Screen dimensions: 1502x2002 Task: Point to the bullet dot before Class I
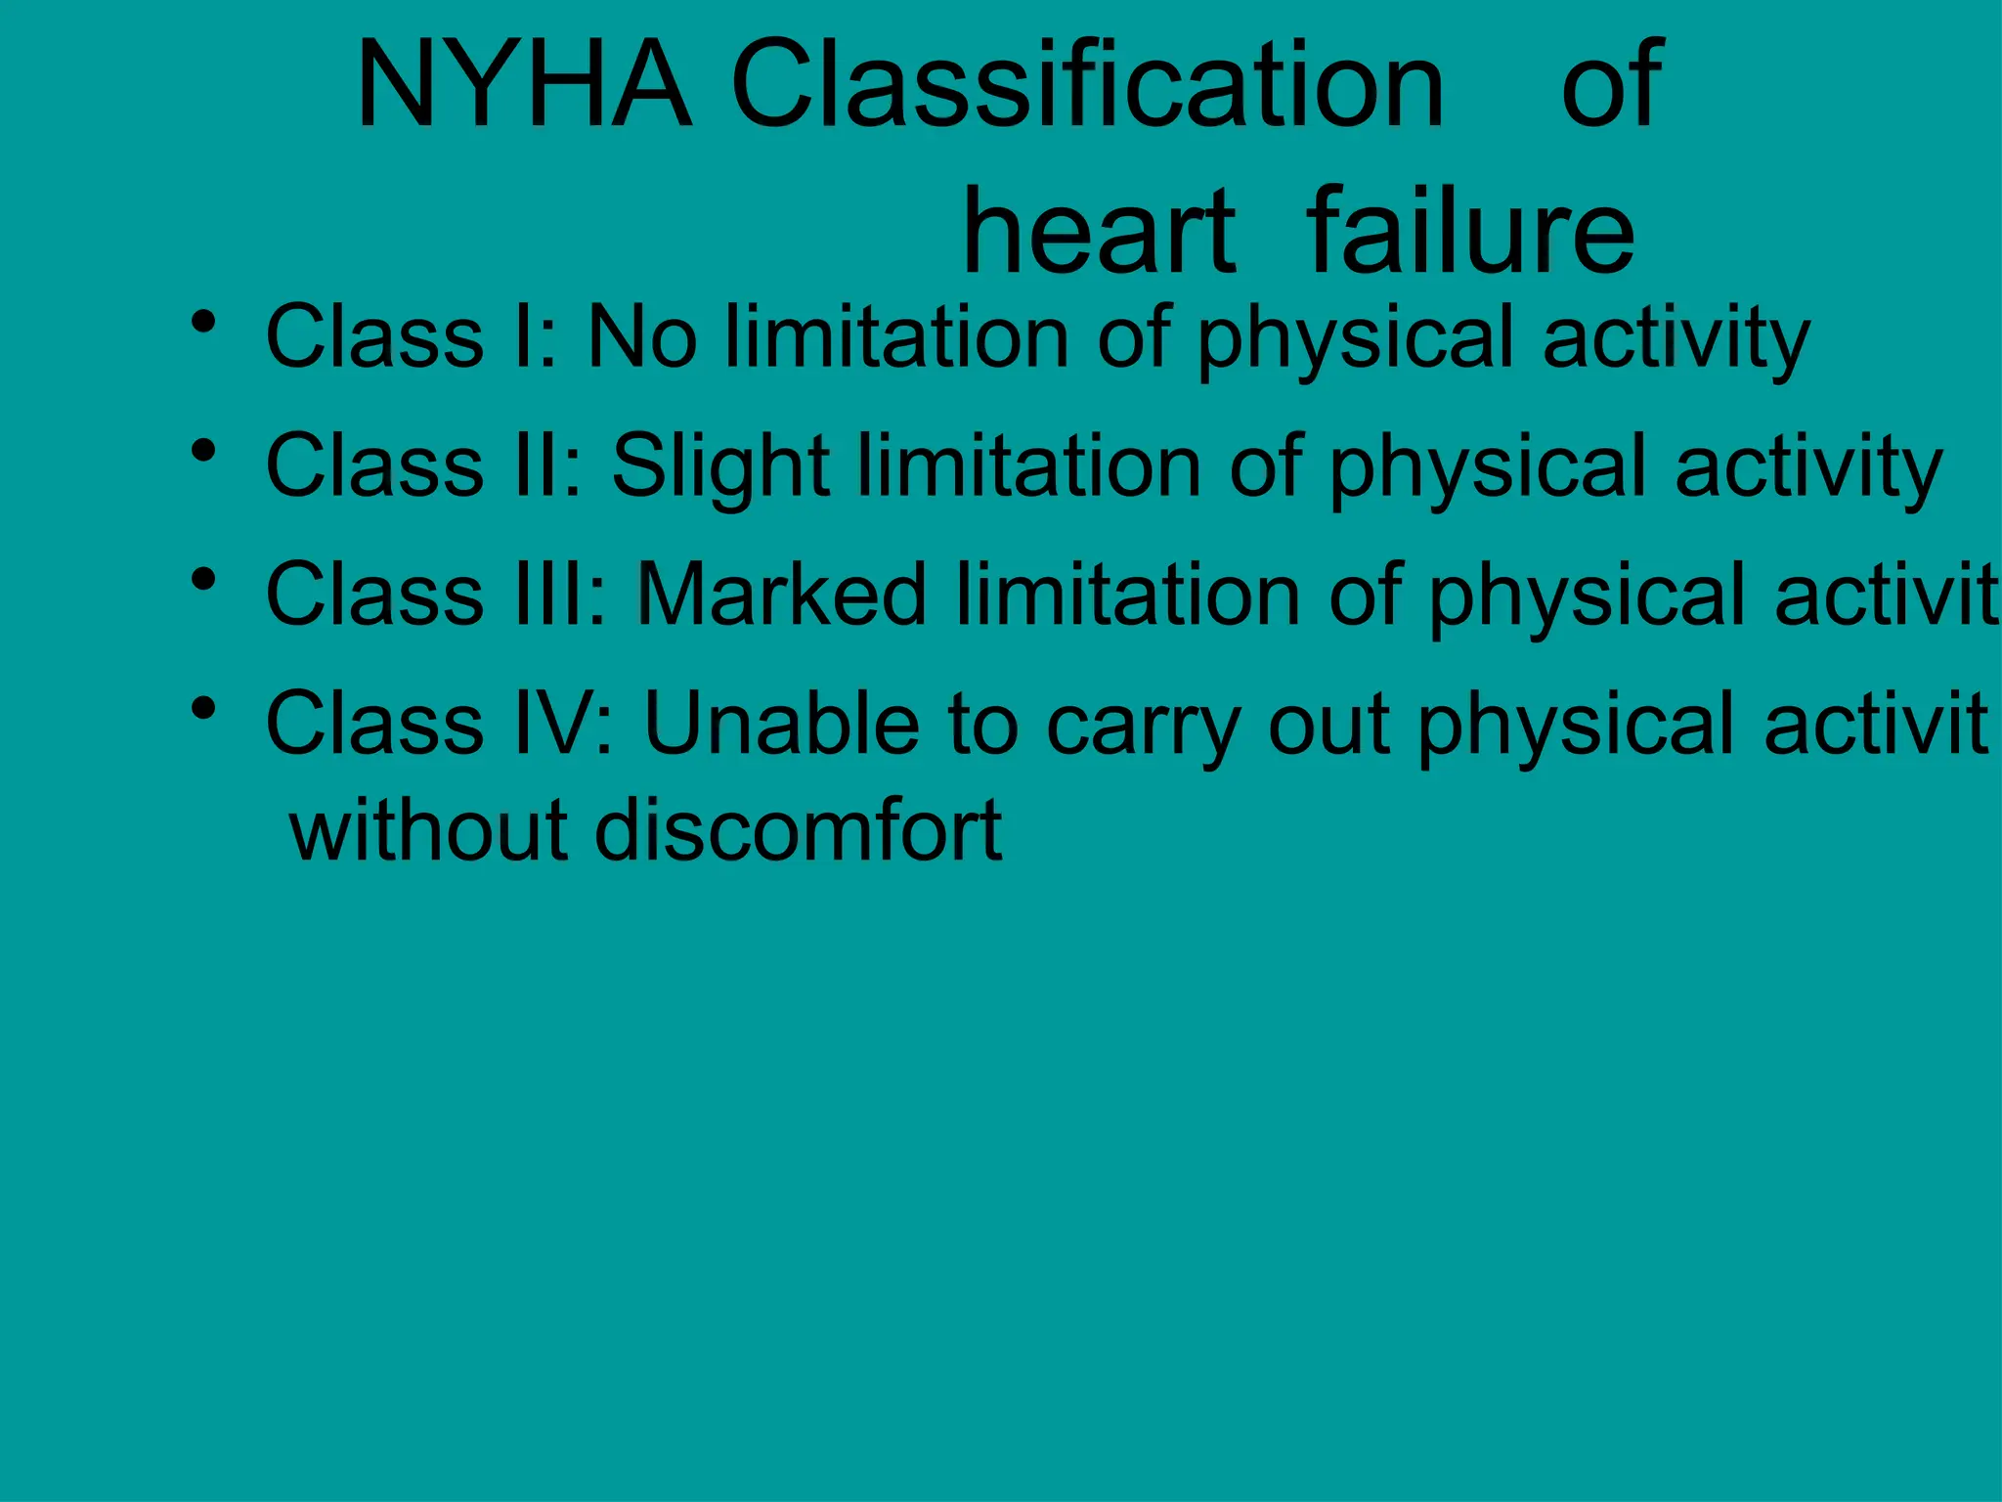(x=203, y=321)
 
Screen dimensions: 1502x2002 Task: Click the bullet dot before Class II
(x=203, y=451)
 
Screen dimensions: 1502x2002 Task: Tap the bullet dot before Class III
(x=203, y=580)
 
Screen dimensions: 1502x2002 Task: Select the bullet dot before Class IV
(x=203, y=708)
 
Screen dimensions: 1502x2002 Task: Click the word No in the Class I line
(x=642, y=336)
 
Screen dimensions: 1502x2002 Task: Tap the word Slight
(x=720, y=467)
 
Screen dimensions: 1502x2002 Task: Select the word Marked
(x=781, y=594)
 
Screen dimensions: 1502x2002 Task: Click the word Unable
(x=782, y=723)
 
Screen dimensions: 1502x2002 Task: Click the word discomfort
(x=798, y=830)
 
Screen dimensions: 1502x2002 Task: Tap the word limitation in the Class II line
(x=1029, y=465)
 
